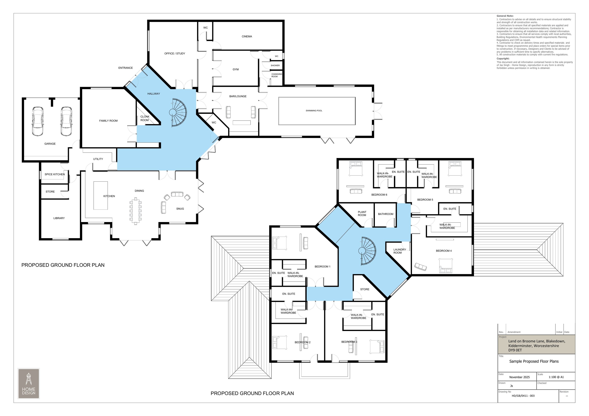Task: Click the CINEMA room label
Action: [x=247, y=37]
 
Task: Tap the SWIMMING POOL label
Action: [x=314, y=111]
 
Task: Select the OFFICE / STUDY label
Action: [x=175, y=54]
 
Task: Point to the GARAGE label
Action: [x=50, y=144]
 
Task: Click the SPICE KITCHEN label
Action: [x=55, y=174]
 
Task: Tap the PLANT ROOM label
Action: [x=362, y=213]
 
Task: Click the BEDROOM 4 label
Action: [x=444, y=251]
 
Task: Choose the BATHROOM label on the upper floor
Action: [x=386, y=214]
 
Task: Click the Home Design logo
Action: [x=29, y=384]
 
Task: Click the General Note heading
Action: [x=505, y=16]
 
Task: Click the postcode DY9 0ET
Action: [x=515, y=350]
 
